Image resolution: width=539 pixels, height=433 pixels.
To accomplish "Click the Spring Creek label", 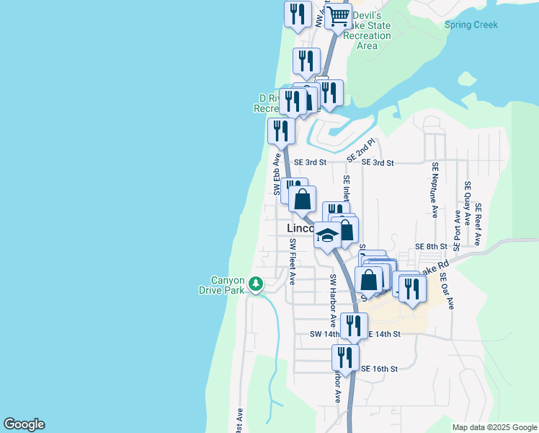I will point(471,25).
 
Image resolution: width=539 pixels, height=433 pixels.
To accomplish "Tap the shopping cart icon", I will point(338,15).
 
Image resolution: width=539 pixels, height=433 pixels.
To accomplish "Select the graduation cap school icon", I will point(327,236).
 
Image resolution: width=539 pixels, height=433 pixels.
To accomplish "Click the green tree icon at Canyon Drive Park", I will point(255,285).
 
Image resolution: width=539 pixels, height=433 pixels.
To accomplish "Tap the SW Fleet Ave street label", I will point(293,262).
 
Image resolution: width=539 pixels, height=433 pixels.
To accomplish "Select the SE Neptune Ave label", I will point(435,189).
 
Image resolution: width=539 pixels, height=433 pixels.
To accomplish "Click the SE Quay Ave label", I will point(467,199).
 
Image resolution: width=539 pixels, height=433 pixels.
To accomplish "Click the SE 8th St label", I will point(432,247).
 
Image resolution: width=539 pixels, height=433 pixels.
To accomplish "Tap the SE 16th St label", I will point(379,369).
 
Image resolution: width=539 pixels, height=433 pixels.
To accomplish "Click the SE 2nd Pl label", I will point(362,150).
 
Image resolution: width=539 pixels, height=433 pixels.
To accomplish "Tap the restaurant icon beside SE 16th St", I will point(345,357).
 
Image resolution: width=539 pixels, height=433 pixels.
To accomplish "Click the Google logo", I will point(24,424).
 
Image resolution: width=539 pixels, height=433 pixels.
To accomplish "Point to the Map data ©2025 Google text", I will point(494,427).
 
